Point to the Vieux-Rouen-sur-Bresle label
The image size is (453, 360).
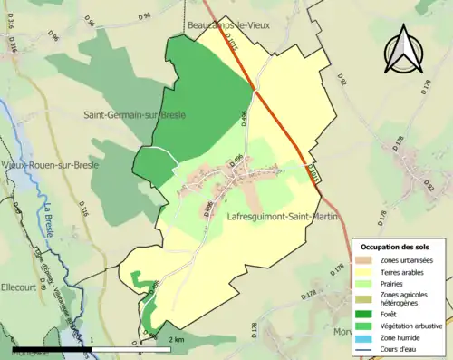(51, 166)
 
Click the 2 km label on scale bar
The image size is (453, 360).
(178, 339)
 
